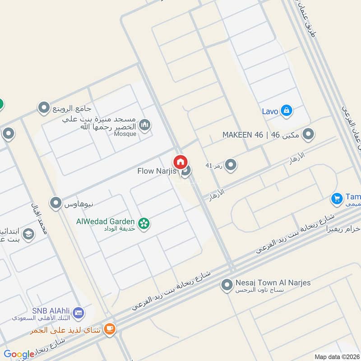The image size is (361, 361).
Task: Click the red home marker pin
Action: [x=180, y=162]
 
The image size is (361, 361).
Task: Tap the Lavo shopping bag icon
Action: [x=286, y=111]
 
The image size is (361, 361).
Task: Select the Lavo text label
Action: [x=270, y=111]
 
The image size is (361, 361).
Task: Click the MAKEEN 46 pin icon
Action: [x=308, y=134]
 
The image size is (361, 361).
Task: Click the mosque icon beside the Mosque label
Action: [x=145, y=125]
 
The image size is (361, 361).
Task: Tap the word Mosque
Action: [x=125, y=134]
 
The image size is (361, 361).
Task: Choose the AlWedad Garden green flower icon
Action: [x=144, y=223]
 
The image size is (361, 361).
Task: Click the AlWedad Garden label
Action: [x=105, y=221]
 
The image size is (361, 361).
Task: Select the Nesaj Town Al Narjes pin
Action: [x=227, y=285]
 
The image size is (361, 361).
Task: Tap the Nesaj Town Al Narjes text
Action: [x=273, y=283]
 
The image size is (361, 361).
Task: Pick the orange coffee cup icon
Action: [x=109, y=330]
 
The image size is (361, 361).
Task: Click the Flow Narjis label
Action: [x=157, y=171]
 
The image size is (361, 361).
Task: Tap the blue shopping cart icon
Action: [x=337, y=198]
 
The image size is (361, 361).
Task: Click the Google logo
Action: [x=19, y=354]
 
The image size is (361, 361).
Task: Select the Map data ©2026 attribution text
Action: [x=336, y=356]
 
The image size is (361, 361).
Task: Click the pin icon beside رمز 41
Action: [x=231, y=165]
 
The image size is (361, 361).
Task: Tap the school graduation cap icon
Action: [x=28, y=235]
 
